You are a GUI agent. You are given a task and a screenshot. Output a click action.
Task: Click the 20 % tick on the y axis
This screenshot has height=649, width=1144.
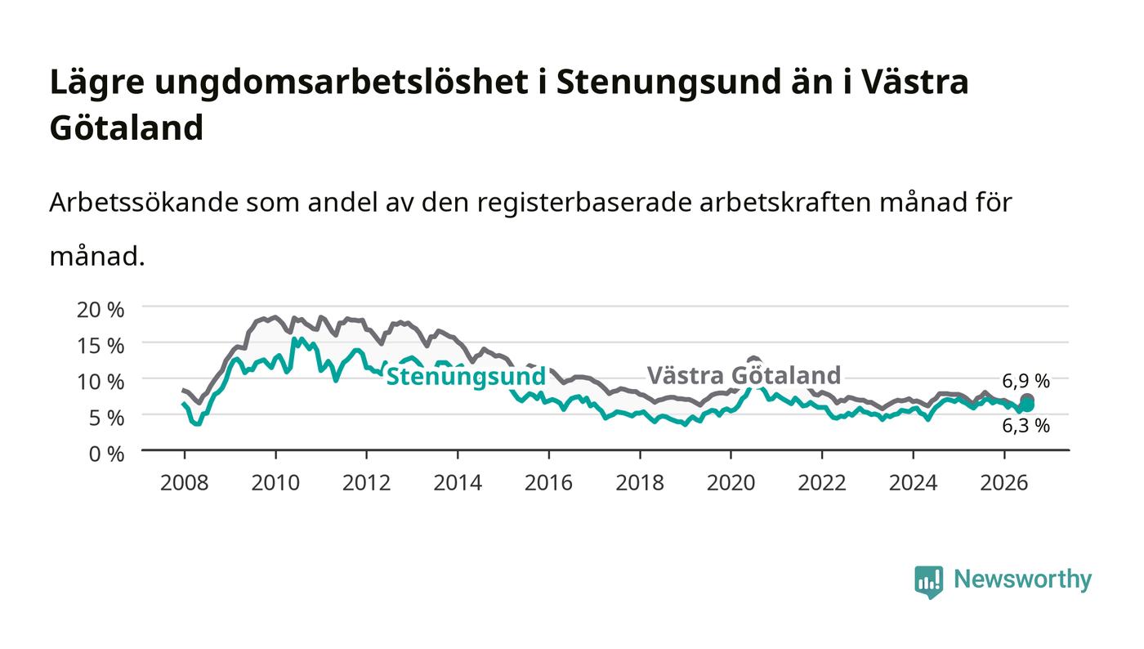(100, 310)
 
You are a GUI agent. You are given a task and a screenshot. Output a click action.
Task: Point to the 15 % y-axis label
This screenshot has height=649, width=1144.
(100, 346)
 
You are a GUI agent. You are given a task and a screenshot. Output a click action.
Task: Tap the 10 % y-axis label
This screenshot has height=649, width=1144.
(100, 382)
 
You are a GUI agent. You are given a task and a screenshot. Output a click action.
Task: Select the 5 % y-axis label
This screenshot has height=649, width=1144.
(106, 418)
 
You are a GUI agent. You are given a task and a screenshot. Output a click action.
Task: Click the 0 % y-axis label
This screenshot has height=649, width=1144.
(106, 454)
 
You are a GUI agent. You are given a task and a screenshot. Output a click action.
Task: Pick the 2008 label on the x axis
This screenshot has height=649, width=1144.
(185, 483)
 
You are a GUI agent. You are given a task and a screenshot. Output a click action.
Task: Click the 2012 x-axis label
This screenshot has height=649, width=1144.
(366, 483)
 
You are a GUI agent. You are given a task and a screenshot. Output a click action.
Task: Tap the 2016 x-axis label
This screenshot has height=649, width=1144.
(548, 483)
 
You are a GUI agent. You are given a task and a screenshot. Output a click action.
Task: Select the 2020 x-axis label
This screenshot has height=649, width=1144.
(731, 483)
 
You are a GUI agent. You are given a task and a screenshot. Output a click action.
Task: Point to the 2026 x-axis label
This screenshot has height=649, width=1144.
(1004, 483)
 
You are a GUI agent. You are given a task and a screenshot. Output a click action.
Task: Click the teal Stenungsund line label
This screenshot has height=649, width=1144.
(466, 377)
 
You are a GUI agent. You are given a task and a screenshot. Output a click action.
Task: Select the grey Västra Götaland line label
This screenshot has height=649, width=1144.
(744, 375)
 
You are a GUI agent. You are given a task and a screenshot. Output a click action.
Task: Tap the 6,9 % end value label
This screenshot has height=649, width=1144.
(1026, 381)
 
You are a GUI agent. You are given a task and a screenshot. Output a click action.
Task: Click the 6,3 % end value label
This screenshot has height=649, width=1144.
(1026, 426)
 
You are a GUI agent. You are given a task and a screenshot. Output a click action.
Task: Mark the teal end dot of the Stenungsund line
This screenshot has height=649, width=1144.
(1028, 405)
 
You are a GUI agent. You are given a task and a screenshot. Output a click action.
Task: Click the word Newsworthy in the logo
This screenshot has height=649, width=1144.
(1022, 580)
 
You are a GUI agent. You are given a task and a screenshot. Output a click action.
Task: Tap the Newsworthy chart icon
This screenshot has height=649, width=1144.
(928, 582)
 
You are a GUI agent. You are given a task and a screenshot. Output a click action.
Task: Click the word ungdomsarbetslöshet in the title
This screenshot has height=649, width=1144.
(342, 83)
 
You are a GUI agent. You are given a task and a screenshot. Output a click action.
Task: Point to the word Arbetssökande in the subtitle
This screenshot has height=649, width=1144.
(144, 203)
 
